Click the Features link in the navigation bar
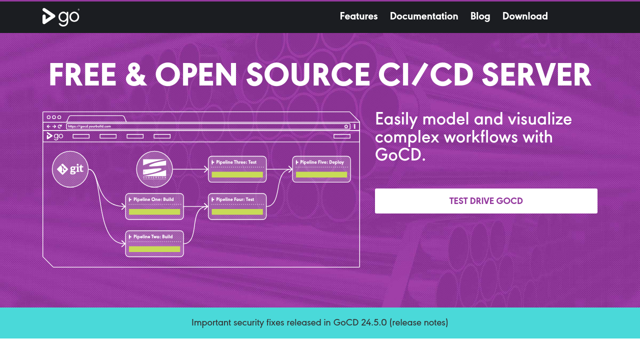pyautogui.click(x=358, y=16)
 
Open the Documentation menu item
pyautogui.click(x=424, y=16)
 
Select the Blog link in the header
pyautogui.click(x=480, y=16)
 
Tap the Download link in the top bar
pyautogui.click(x=525, y=16)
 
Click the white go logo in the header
pyautogui.click(x=61, y=17)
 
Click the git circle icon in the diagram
pyautogui.click(x=70, y=169)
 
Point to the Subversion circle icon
pyautogui.click(x=154, y=169)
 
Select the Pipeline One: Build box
pyautogui.click(x=154, y=206)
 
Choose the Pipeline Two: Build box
pyautogui.click(x=154, y=243)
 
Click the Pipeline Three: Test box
pyautogui.click(x=237, y=169)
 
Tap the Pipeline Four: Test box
pyautogui.click(x=237, y=206)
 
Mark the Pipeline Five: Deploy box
pyautogui.click(x=321, y=169)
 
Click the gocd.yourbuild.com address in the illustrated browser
pyautogui.click(x=89, y=126)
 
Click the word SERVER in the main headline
pyautogui.click(x=536, y=75)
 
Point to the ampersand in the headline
pyautogui.click(x=136, y=75)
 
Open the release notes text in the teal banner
pyautogui.click(x=419, y=322)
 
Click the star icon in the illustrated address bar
pyautogui.click(x=346, y=126)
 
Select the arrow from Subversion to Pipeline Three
pyautogui.click(x=190, y=169)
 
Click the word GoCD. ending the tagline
pyautogui.click(x=400, y=155)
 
